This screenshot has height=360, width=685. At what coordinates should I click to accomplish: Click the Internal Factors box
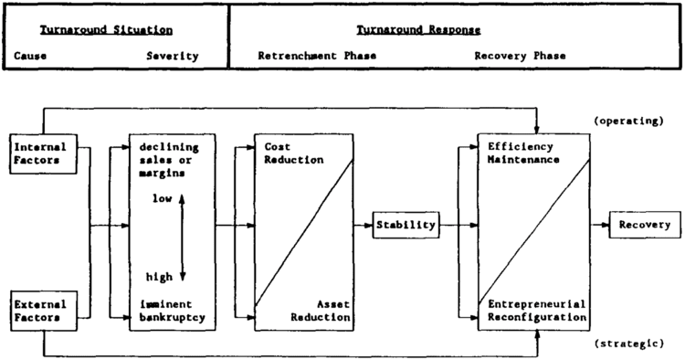coord(37,152)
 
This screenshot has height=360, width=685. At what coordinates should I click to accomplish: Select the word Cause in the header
coord(30,57)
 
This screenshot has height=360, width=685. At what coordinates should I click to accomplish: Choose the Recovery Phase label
coord(520,57)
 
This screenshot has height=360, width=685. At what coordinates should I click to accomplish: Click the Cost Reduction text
coord(294,153)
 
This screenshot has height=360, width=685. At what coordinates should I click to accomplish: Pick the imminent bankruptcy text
coord(174,310)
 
